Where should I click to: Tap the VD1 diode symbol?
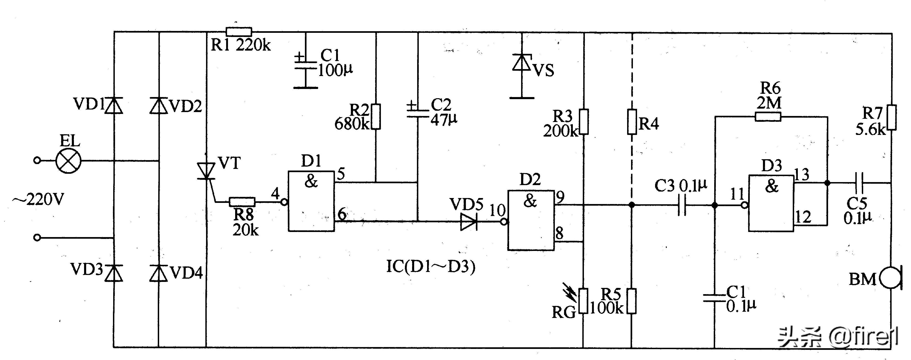(x=114, y=105)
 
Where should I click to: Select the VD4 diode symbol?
(x=158, y=273)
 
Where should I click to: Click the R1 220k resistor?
(x=239, y=32)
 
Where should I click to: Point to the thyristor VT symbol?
(x=206, y=171)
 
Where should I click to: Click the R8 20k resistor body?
(x=242, y=202)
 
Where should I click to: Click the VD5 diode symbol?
(x=469, y=222)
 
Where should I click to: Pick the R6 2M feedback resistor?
(x=768, y=117)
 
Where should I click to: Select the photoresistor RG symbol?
(x=583, y=301)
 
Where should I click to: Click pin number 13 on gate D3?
(x=802, y=174)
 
